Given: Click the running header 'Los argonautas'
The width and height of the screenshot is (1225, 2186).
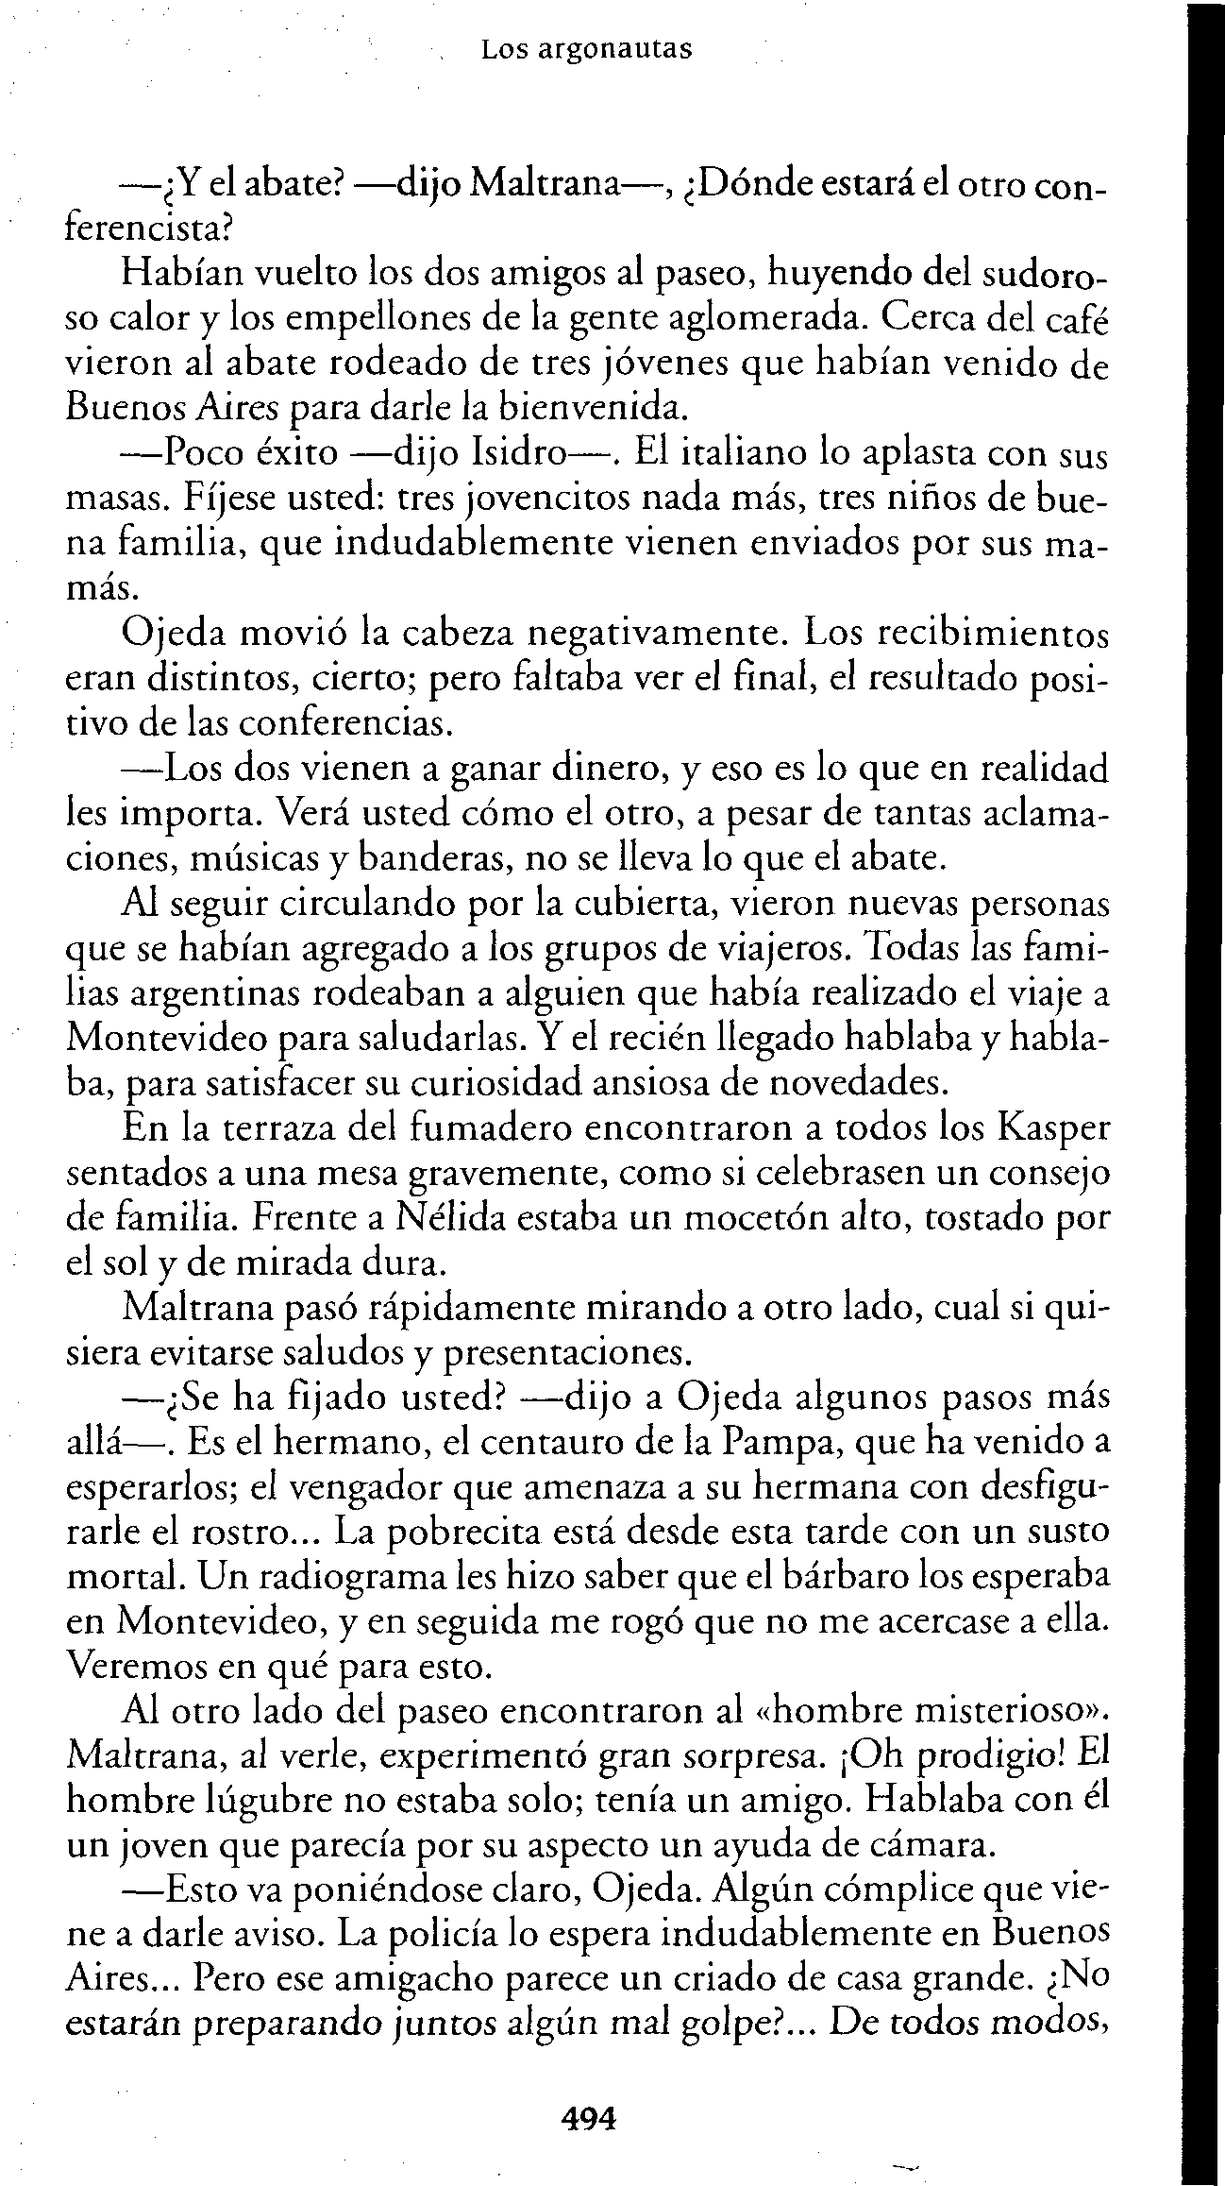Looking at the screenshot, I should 586,49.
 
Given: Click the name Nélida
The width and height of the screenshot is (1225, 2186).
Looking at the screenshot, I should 445,1217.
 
